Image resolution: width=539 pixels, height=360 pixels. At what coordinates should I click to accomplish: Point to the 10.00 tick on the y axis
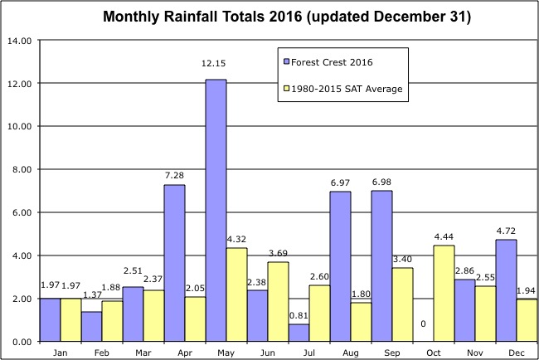click(x=19, y=126)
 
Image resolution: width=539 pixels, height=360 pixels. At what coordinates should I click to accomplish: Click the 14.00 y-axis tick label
click(x=19, y=40)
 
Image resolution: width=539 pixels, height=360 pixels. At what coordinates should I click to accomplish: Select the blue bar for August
click(x=340, y=266)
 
